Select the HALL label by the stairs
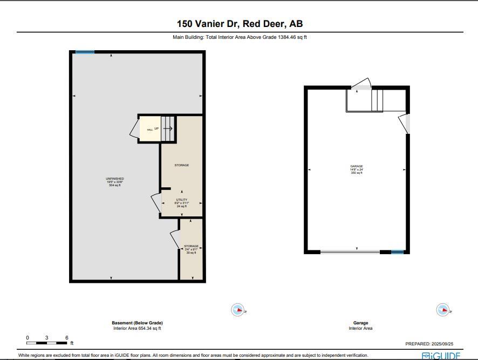(149, 130)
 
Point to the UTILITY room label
(181, 202)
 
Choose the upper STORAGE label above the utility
(181, 165)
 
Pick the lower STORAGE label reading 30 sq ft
(191, 249)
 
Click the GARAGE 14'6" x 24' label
(356, 169)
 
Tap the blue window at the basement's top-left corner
(85, 52)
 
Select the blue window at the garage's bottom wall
(397, 252)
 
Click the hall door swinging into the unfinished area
(134, 129)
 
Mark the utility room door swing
(155, 203)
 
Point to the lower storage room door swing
(174, 239)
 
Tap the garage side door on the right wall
(405, 124)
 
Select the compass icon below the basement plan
(238, 310)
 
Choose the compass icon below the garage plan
(442, 310)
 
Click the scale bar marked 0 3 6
(47, 343)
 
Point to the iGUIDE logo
(441, 356)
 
